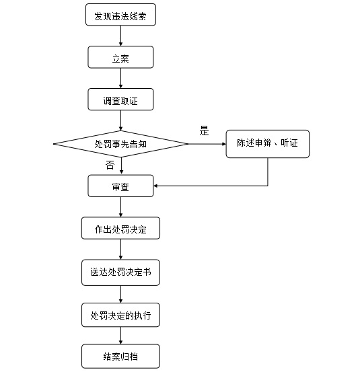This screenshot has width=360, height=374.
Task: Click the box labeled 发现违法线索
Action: [x=120, y=15]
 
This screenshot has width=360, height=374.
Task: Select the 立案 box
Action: [x=120, y=57]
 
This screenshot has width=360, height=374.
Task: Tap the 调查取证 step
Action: [x=120, y=100]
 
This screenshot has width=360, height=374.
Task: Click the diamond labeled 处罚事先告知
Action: [x=120, y=144]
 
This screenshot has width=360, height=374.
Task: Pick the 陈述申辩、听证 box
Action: [x=268, y=144]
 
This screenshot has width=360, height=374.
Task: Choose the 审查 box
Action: [x=120, y=186]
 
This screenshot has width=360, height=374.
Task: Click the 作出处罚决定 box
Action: [x=120, y=228]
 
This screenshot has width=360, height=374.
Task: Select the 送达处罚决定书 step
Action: [x=120, y=272]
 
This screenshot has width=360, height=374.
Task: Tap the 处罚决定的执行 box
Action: [x=120, y=315]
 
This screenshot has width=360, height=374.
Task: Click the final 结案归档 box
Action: [x=120, y=356]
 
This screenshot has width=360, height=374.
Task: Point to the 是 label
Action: [x=204, y=130]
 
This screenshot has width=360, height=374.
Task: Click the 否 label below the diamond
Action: [x=110, y=165]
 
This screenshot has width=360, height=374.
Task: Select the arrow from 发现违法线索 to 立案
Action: [x=120, y=36]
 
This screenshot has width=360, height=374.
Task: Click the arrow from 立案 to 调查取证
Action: [x=120, y=78]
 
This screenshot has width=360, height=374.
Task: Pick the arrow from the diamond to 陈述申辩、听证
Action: [x=207, y=144]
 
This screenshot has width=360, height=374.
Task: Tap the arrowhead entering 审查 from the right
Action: [x=155, y=186]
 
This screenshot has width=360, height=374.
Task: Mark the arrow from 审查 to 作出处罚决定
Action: [x=120, y=207]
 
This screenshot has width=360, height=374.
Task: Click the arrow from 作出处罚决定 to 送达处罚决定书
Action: [x=120, y=250]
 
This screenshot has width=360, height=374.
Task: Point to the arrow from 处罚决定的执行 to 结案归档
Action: [x=120, y=336]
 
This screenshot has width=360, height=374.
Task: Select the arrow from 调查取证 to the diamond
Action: [x=120, y=120]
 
